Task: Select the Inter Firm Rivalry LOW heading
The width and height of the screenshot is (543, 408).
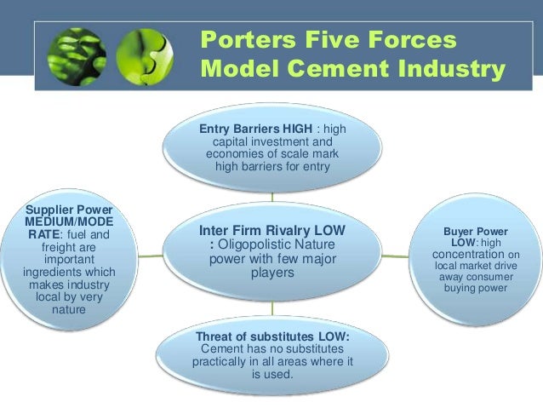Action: [x=272, y=230]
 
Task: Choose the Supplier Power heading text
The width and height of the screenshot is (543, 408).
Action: [x=69, y=210]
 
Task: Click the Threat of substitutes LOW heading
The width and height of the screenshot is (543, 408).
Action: [x=272, y=336]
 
